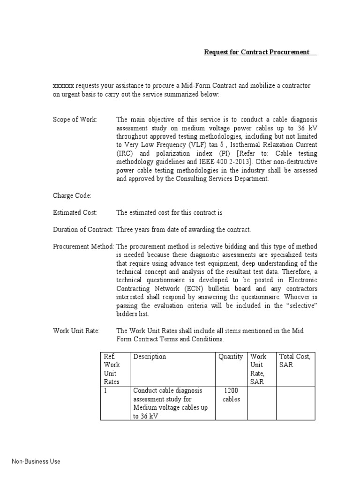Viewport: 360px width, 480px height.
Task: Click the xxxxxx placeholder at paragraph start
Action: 63,86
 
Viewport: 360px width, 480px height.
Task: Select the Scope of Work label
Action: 75,120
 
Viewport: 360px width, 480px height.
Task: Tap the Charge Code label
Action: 72,195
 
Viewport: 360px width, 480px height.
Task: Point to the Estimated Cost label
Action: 75,212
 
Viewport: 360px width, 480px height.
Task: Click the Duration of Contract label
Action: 83,229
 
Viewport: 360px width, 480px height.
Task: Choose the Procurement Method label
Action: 83,247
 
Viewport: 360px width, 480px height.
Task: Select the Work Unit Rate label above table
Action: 76,331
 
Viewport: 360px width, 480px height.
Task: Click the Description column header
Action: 150,357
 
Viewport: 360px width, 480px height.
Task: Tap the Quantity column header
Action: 231,357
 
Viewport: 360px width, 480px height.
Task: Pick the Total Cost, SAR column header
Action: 294,360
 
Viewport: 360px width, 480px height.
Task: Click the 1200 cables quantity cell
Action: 231,395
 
